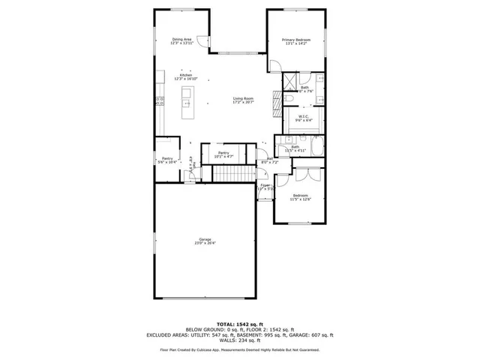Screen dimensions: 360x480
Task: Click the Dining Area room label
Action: pos(182,40)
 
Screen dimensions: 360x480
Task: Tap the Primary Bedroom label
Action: pos(296,41)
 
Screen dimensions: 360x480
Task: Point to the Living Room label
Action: pos(243,100)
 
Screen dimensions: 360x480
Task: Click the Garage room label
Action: pos(205,241)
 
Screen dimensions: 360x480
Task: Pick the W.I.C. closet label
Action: pos(303,118)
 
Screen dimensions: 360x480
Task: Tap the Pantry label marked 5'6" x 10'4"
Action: pos(167,160)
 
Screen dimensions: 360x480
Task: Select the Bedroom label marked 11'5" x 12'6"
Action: pos(300,196)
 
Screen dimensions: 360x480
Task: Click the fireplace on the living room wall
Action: pos(268,97)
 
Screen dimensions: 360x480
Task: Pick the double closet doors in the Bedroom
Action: pos(307,175)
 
